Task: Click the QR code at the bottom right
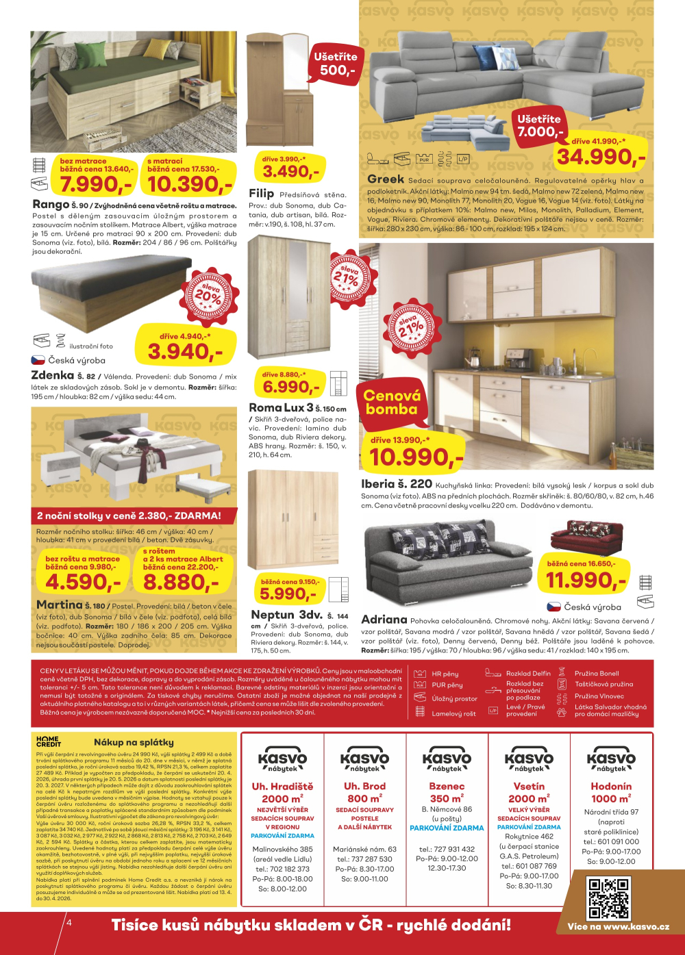pos(608,898)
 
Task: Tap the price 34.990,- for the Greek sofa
pos(601,157)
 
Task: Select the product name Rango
pos(51,205)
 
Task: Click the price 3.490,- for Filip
pos(290,172)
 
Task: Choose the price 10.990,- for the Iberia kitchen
pos(416,457)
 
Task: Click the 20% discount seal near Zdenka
pos(208,296)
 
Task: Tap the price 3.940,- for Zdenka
pos(185,352)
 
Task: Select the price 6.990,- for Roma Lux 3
pos(290,387)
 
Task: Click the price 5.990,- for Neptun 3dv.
pos(288,594)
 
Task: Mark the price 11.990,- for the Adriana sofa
pos(586,581)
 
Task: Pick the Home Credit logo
pos(48,741)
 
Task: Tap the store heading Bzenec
pos(447,787)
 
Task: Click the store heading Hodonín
pos(611,787)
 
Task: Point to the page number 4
pos(68,923)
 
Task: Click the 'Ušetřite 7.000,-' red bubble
pos(540,125)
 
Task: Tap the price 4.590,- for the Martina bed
pos(83,583)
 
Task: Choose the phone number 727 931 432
pos(455,849)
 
